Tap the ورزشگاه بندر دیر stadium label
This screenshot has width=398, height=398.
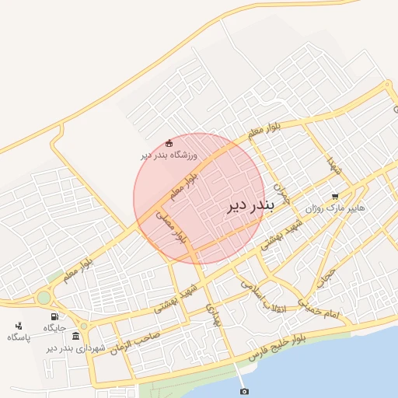pos(169,155)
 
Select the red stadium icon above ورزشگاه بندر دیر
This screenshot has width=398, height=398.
pos(169,142)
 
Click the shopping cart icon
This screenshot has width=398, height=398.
pos(335,197)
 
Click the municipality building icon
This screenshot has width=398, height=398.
pos(75,336)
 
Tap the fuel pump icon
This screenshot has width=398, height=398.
pos(54,316)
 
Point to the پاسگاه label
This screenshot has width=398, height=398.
pos(19,337)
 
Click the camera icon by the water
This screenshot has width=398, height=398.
pos(244,391)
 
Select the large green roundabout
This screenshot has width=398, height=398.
pos(44,297)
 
